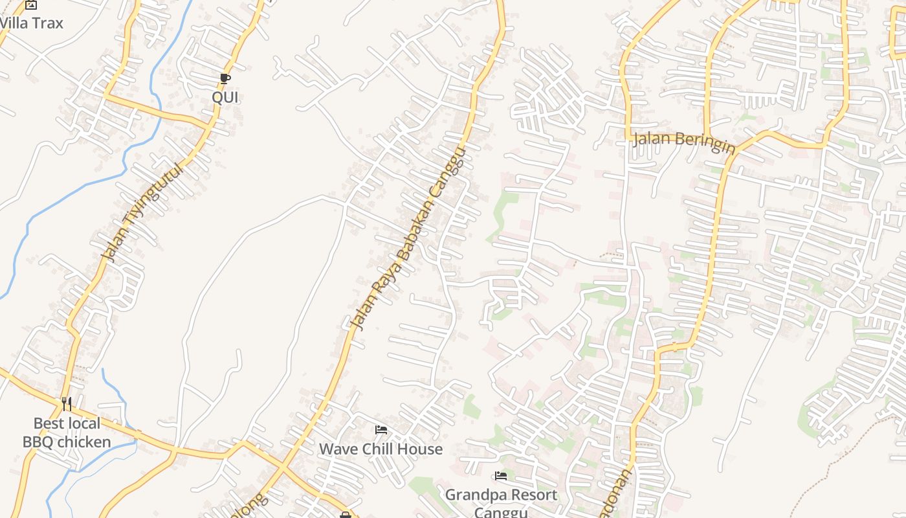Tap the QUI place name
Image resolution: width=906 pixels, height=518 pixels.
[x=225, y=97]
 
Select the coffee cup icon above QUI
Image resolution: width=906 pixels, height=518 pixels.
[x=225, y=79]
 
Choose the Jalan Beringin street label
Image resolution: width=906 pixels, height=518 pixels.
[x=684, y=141]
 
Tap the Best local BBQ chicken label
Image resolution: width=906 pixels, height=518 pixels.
[x=67, y=433]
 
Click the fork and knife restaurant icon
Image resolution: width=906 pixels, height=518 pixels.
[x=67, y=404]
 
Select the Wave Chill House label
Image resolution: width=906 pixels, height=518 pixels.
[x=381, y=449]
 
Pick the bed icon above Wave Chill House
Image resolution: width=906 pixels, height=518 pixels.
[x=381, y=429]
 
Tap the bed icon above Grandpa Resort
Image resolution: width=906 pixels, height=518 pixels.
[x=501, y=476]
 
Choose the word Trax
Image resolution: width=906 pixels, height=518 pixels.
[x=47, y=23]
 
